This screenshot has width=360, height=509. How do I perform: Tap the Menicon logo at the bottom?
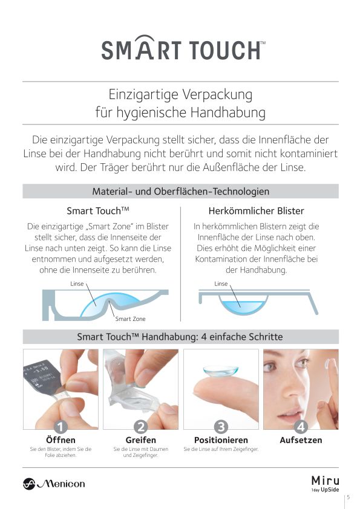click(54, 484)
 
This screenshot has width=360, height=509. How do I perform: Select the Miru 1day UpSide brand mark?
click(325, 484)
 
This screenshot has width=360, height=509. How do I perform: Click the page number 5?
click(349, 497)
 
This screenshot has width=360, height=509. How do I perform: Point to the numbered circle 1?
click(61, 427)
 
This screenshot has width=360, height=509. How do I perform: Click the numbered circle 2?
click(141, 427)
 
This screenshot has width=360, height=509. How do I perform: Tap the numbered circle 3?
click(221, 427)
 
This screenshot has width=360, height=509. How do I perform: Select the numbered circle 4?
click(301, 427)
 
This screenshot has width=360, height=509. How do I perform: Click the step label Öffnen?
click(61, 440)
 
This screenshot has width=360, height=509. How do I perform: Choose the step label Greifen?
click(141, 440)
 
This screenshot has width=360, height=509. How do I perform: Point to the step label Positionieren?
click(221, 440)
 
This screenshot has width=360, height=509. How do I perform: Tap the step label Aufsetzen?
click(301, 440)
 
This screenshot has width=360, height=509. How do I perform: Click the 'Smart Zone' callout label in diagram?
click(130, 319)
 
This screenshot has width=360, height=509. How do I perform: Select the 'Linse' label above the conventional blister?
click(221, 284)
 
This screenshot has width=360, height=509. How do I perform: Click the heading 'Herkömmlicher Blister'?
click(257, 211)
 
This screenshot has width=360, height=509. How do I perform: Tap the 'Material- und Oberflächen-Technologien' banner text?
click(181, 191)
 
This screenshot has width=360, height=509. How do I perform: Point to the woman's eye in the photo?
click(270, 367)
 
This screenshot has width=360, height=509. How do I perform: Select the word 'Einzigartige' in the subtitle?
click(143, 94)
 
